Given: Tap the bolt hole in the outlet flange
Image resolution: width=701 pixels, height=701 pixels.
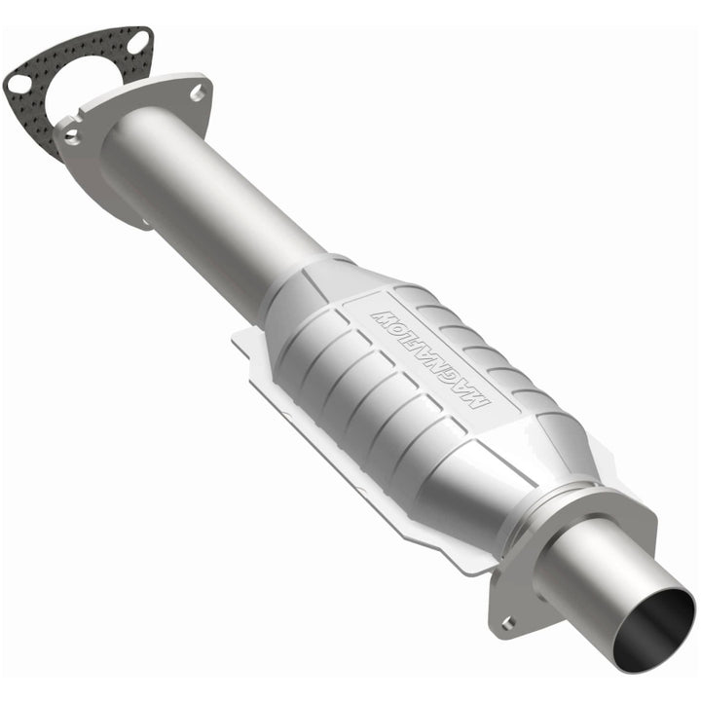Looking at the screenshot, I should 506,622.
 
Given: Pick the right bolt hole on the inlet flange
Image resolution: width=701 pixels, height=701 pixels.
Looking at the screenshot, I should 198,92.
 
